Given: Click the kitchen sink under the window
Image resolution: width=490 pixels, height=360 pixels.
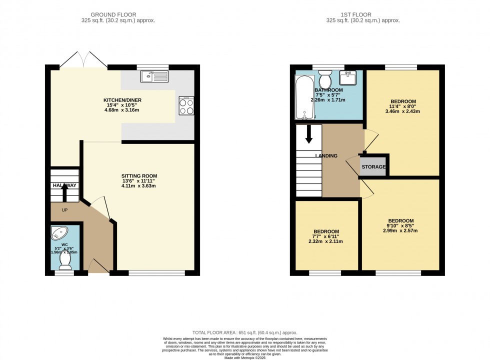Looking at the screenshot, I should coord(154,76).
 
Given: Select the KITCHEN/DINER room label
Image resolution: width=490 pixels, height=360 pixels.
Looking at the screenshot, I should coord(122,100).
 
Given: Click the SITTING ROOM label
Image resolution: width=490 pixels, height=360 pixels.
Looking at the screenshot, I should coord(139,176).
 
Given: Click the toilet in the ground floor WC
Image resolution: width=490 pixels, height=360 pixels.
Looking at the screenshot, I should coord(65,261).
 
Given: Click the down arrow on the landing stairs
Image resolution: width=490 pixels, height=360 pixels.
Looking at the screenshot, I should coord(308,133).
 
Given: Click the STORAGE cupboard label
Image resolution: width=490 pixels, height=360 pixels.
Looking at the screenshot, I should coord(373,167).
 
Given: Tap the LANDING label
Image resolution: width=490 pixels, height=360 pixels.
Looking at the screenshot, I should coord(326,156).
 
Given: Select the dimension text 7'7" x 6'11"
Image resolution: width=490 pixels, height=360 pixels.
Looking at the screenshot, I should coord(326,236).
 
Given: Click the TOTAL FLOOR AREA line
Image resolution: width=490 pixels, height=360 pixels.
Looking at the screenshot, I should coord(245,332).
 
